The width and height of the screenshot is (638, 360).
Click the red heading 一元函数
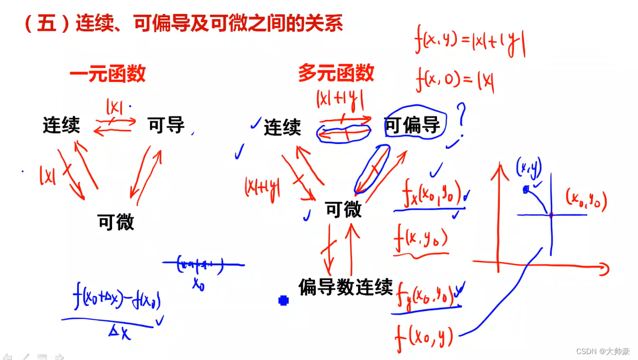pos(107,74)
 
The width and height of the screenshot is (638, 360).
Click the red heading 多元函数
pos(336,73)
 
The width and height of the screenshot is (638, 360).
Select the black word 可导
pos(166,125)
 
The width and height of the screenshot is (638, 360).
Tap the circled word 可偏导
pos(412,125)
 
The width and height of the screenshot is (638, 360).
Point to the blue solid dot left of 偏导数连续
pos(284,301)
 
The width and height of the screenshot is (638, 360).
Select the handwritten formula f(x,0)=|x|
pos(455,81)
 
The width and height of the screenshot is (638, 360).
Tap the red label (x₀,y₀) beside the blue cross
pos(586,200)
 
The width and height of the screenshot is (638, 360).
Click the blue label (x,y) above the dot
pos(528,169)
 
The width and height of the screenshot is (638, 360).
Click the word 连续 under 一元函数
pos(62,125)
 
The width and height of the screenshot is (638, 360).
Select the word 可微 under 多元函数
pos(344,210)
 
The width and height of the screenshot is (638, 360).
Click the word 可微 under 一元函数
pos(116,221)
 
